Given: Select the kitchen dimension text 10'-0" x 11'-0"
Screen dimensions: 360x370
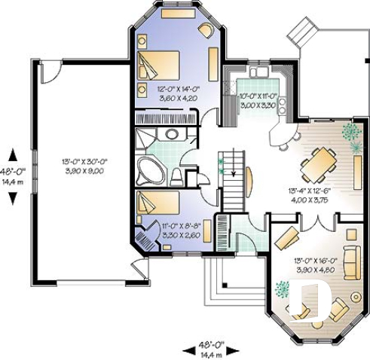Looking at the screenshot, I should point(257,100).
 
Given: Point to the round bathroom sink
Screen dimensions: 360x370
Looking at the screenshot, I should point(173,135).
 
